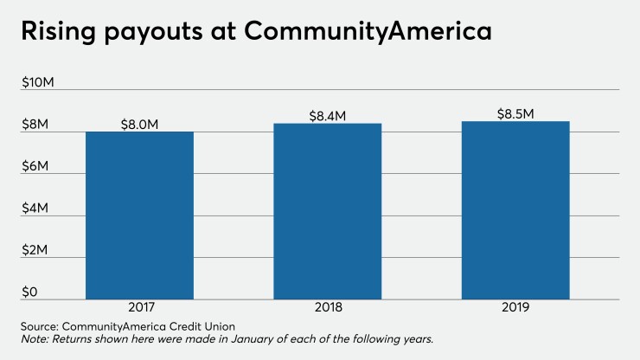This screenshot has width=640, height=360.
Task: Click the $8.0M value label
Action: click(x=140, y=124)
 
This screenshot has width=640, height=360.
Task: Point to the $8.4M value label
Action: click(x=328, y=115)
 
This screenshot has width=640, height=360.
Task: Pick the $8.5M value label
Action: click(x=515, y=113)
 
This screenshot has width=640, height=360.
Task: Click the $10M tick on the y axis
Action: click(x=38, y=83)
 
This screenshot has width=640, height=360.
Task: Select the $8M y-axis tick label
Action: click(x=35, y=125)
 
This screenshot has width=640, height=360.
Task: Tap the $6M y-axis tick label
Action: click(x=35, y=166)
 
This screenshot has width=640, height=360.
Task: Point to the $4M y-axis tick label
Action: click(x=35, y=209)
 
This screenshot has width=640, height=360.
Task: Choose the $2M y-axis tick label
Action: click(x=35, y=251)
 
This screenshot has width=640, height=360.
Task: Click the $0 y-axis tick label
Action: click(x=30, y=292)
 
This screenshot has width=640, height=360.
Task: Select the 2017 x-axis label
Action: click(x=139, y=307)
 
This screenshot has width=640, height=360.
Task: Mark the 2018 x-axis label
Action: click(x=328, y=307)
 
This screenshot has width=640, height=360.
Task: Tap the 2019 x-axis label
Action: click(x=515, y=307)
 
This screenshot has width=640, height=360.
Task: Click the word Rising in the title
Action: click(x=59, y=32)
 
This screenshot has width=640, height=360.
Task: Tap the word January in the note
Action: click(x=223, y=339)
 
